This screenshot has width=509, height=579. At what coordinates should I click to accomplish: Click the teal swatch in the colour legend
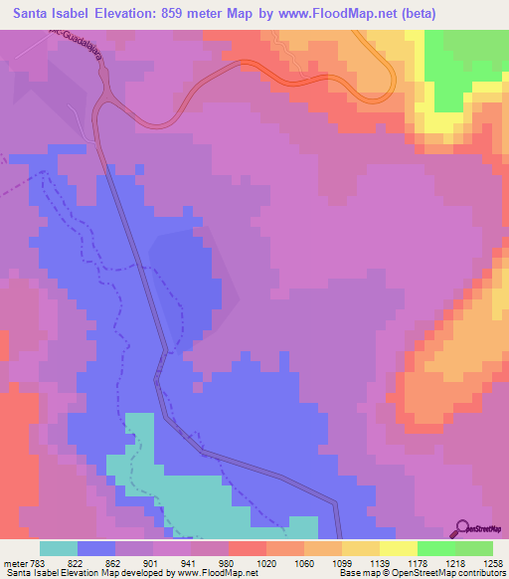pyautogui.click(x=59, y=548)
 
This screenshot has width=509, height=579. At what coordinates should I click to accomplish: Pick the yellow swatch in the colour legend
pyautogui.click(x=399, y=548)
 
